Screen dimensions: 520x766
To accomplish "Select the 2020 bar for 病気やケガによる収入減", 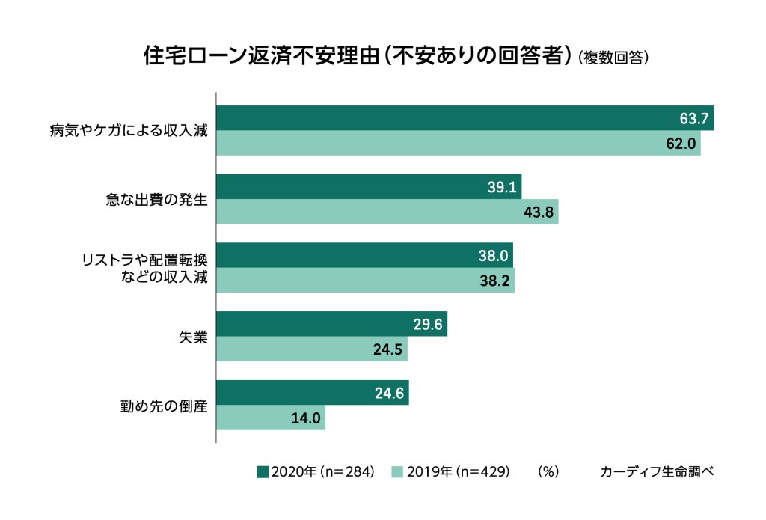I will [465, 118].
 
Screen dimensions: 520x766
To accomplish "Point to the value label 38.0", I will [493, 256].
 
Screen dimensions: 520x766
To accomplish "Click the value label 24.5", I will [387, 349].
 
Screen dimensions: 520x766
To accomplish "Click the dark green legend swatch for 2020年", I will [262, 471].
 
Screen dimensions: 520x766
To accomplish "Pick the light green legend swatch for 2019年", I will [397, 471].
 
